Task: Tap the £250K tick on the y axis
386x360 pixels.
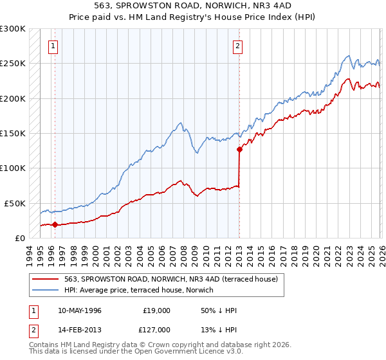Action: (13, 64)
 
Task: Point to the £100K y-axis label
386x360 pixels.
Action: (13, 168)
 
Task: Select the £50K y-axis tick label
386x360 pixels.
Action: (15, 203)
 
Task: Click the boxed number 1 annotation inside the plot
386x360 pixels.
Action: (53, 46)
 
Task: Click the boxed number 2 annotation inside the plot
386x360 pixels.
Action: (238, 46)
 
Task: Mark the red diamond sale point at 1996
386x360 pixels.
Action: (55, 225)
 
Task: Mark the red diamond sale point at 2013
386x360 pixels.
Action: (239, 149)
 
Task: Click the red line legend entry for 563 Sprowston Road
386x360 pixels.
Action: (170, 279)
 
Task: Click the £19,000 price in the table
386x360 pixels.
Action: (156, 310)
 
